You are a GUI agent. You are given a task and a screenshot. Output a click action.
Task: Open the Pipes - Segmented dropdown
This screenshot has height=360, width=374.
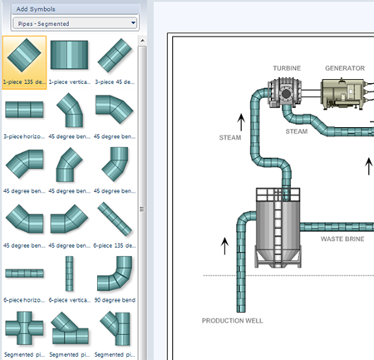coord(75,23)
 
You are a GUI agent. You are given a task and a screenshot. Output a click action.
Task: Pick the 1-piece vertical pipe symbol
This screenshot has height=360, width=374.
coord(69,57)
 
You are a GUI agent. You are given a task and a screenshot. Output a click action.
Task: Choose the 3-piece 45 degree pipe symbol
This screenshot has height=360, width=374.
coord(115,57)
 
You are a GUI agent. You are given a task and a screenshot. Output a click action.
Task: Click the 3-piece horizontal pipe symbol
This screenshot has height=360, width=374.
coord(24,109)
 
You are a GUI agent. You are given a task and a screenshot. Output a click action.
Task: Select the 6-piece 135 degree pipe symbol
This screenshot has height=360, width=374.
coord(115,219)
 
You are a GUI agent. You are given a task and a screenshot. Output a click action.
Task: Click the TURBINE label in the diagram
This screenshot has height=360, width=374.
coord(287,68)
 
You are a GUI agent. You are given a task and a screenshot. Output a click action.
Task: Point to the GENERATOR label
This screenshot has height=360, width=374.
coord(344,68)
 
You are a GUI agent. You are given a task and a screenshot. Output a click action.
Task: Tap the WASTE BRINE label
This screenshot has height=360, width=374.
coord(342,239)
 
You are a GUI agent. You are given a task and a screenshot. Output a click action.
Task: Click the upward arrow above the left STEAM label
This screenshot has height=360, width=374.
coord(241,122)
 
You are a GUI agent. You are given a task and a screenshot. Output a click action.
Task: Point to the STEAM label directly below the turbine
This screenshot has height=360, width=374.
coord(296,131)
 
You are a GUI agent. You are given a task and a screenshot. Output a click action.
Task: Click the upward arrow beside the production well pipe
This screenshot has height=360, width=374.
coord(224,246)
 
